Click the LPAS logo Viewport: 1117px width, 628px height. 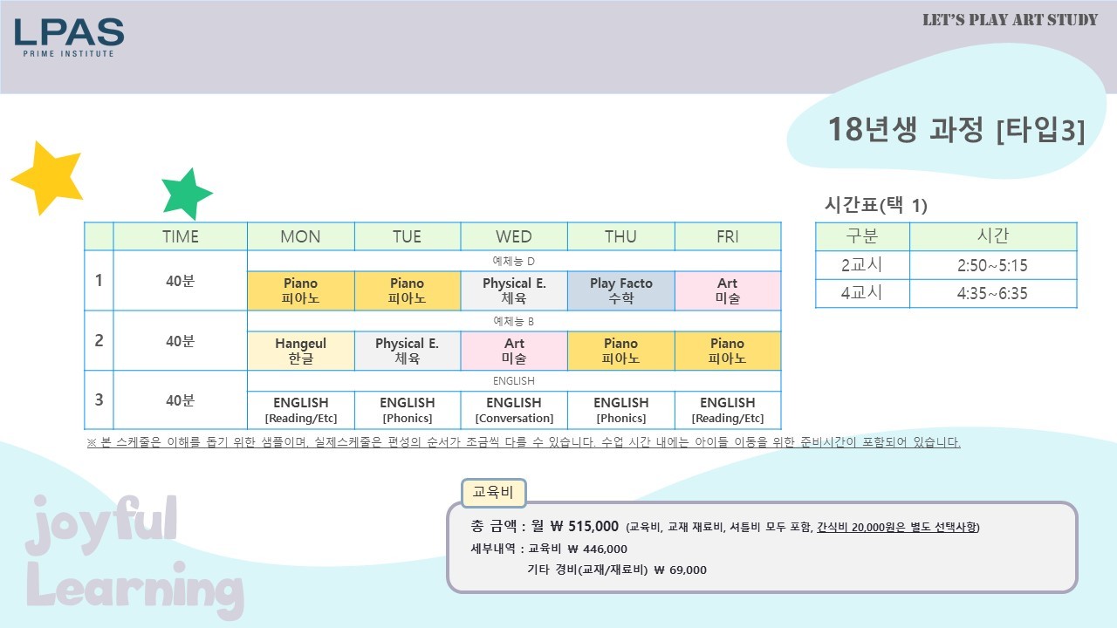point(69,38)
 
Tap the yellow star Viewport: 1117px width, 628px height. point(48,179)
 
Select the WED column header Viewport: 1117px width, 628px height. point(514,236)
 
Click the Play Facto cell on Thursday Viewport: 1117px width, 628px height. point(620,290)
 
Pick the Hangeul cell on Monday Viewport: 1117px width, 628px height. point(301,351)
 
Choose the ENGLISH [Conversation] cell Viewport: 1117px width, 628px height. point(514,410)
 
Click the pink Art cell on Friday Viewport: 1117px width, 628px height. point(728,290)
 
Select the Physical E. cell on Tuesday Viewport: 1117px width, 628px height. point(407,351)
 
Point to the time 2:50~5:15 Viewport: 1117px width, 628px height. point(992,265)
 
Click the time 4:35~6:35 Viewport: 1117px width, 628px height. point(992,293)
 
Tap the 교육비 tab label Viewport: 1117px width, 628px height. point(493,493)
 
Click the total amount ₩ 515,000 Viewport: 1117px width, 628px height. point(585,526)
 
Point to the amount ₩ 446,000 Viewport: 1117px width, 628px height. point(598,549)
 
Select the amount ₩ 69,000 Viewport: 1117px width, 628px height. point(680,570)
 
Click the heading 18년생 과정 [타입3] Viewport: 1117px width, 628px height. point(956,130)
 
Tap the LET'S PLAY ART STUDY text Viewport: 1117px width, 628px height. point(1010,20)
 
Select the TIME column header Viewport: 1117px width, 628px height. point(180,236)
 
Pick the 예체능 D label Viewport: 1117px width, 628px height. point(514,261)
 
